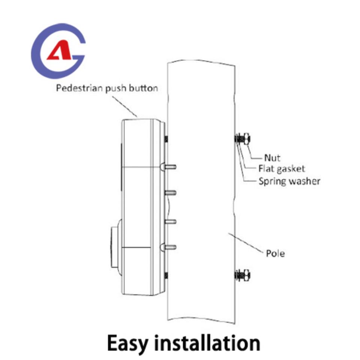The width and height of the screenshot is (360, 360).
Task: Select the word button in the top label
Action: [143, 88]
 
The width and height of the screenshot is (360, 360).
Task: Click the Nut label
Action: [272, 158]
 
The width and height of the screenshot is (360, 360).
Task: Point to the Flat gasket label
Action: [282, 169]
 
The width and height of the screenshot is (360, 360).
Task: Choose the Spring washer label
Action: [289, 181]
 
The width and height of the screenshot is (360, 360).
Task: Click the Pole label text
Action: [275, 253]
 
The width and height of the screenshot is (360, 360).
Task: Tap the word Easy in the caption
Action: [127, 343]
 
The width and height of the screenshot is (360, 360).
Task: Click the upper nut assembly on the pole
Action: [243, 139]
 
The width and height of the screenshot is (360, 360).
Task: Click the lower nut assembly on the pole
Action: [243, 275]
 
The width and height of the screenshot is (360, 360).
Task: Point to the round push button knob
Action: [116, 247]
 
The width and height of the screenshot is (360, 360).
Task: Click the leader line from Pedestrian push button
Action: [124, 106]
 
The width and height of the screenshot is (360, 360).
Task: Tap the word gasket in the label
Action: [291, 169]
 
